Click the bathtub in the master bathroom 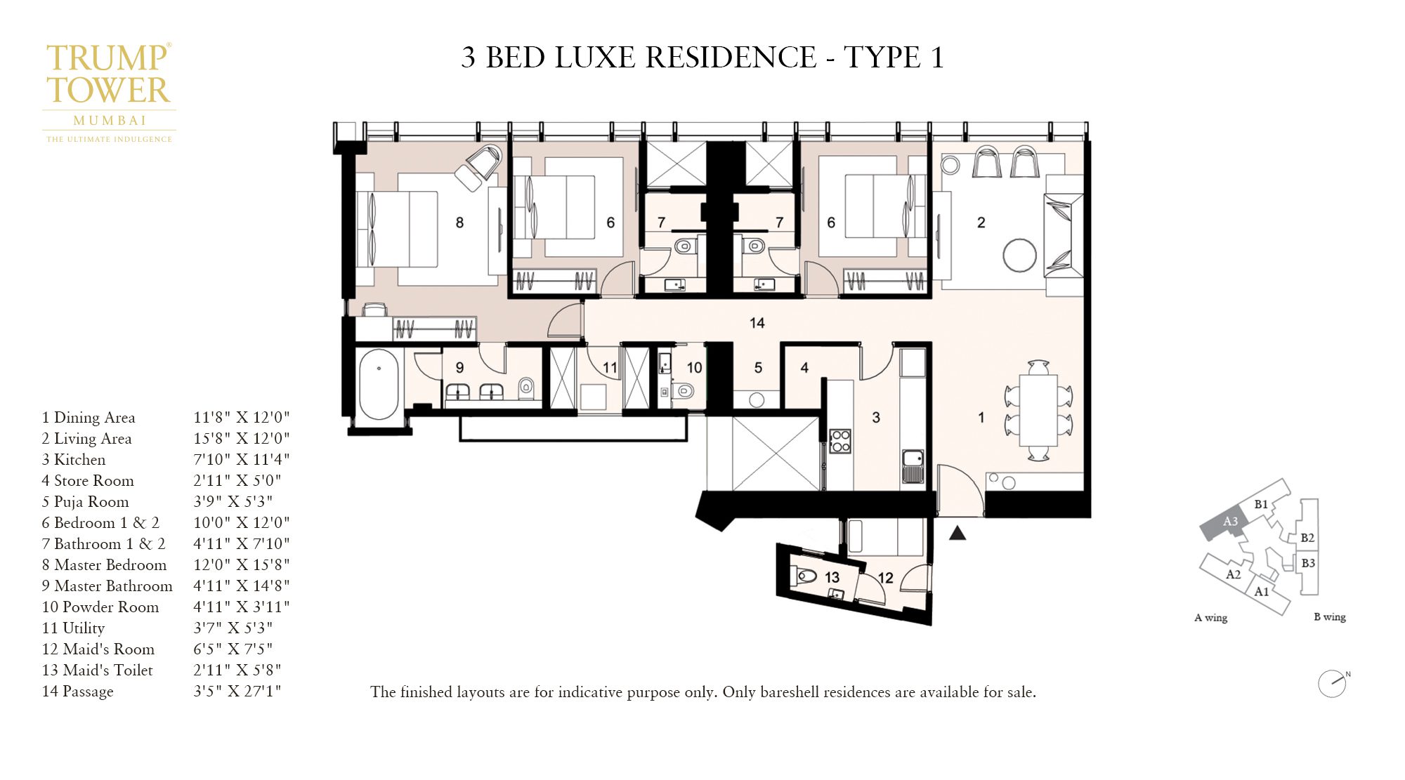(x=378, y=384)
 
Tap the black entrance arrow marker (x=958, y=534)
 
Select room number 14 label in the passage (x=757, y=323)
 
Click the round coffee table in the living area (x=1019, y=255)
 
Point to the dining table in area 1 (x=1038, y=410)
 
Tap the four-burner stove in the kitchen (x=840, y=441)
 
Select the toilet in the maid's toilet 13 (x=806, y=576)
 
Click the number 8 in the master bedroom (x=459, y=223)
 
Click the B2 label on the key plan (x=1307, y=538)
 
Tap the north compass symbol (x=1332, y=683)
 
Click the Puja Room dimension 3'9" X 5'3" (x=233, y=502)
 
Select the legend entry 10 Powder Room (x=100, y=607)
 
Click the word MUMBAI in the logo (x=110, y=121)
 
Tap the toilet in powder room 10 (x=683, y=390)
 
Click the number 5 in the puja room (x=758, y=368)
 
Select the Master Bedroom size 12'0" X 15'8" (x=241, y=565)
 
